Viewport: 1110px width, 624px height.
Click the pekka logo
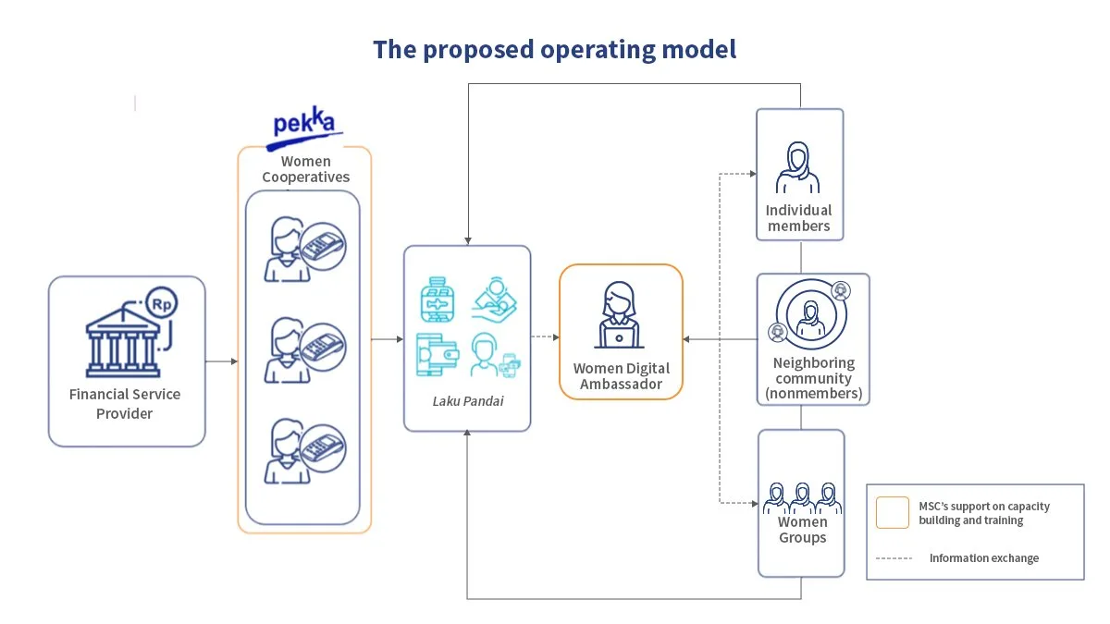(304, 128)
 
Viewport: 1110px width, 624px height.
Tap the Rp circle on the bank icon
(162, 303)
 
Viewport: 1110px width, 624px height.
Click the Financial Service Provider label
(125, 404)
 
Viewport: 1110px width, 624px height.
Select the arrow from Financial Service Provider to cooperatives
(221, 361)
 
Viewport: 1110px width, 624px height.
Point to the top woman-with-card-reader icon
(304, 249)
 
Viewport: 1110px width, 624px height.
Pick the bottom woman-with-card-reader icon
(304, 451)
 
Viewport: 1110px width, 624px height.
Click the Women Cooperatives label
(306, 169)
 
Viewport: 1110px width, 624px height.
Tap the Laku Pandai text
(468, 401)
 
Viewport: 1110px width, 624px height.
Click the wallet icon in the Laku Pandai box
(437, 355)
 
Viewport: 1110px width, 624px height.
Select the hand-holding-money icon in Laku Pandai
(494, 300)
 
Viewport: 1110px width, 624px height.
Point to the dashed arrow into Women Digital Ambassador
(545, 337)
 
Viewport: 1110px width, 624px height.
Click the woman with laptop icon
(619, 315)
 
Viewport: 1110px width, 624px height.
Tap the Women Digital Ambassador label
(622, 376)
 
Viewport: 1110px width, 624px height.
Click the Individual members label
(799, 218)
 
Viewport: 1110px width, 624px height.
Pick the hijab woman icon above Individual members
(797, 167)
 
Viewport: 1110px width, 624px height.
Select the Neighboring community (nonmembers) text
(814, 378)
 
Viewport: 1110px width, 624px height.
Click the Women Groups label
(802, 530)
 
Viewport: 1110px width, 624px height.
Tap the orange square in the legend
(892, 512)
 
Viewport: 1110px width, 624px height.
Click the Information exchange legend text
(984, 558)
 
